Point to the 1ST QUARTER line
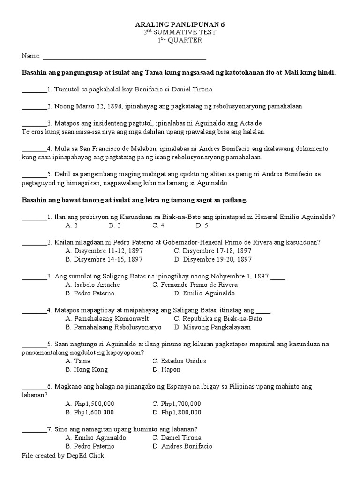click(180, 41)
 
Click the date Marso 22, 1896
click(102, 106)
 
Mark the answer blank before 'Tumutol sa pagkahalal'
click(35, 89)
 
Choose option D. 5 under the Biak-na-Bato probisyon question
click(202, 225)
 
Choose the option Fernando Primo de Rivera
click(195, 285)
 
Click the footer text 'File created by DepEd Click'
click(64, 455)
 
